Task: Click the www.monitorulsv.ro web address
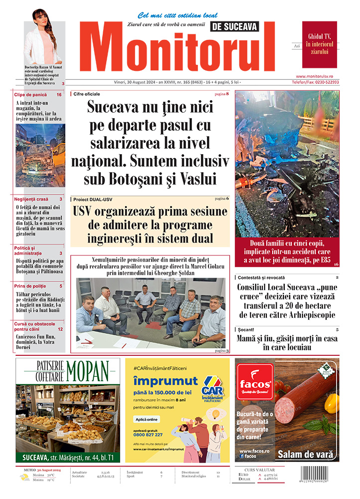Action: [321, 76]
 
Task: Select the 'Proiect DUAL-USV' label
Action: [93, 199]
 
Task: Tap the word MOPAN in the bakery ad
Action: [87, 371]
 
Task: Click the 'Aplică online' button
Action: [147, 419]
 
